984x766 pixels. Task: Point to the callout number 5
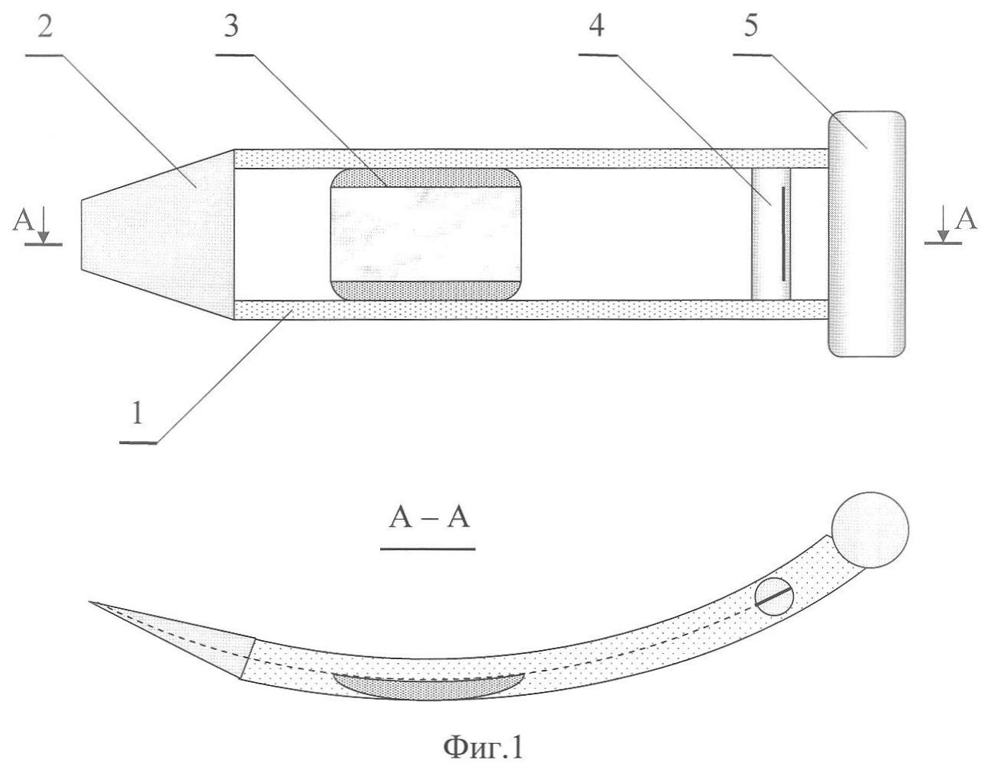(x=750, y=26)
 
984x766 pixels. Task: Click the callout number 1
(x=137, y=413)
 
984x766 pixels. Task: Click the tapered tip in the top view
(x=157, y=235)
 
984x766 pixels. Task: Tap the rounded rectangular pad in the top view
(x=426, y=235)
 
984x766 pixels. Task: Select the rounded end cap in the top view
(x=866, y=234)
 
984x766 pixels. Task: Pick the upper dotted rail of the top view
(x=531, y=159)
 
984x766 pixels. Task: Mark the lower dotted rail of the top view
(x=531, y=310)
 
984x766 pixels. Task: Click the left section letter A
(x=23, y=220)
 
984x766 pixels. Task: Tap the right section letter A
(x=966, y=220)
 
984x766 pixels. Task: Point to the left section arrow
(x=44, y=224)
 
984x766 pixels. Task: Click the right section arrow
(x=944, y=224)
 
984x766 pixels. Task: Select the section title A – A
(x=429, y=517)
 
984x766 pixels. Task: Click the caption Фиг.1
(x=482, y=747)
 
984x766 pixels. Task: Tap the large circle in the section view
(x=870, y=529)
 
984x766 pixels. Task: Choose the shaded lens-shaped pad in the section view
(x=429, y=687)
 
